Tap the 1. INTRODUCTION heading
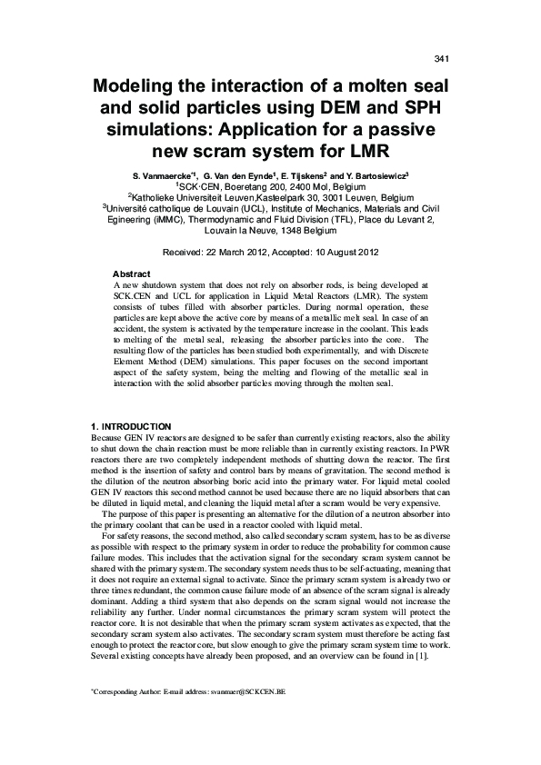[x=133, y=426]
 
